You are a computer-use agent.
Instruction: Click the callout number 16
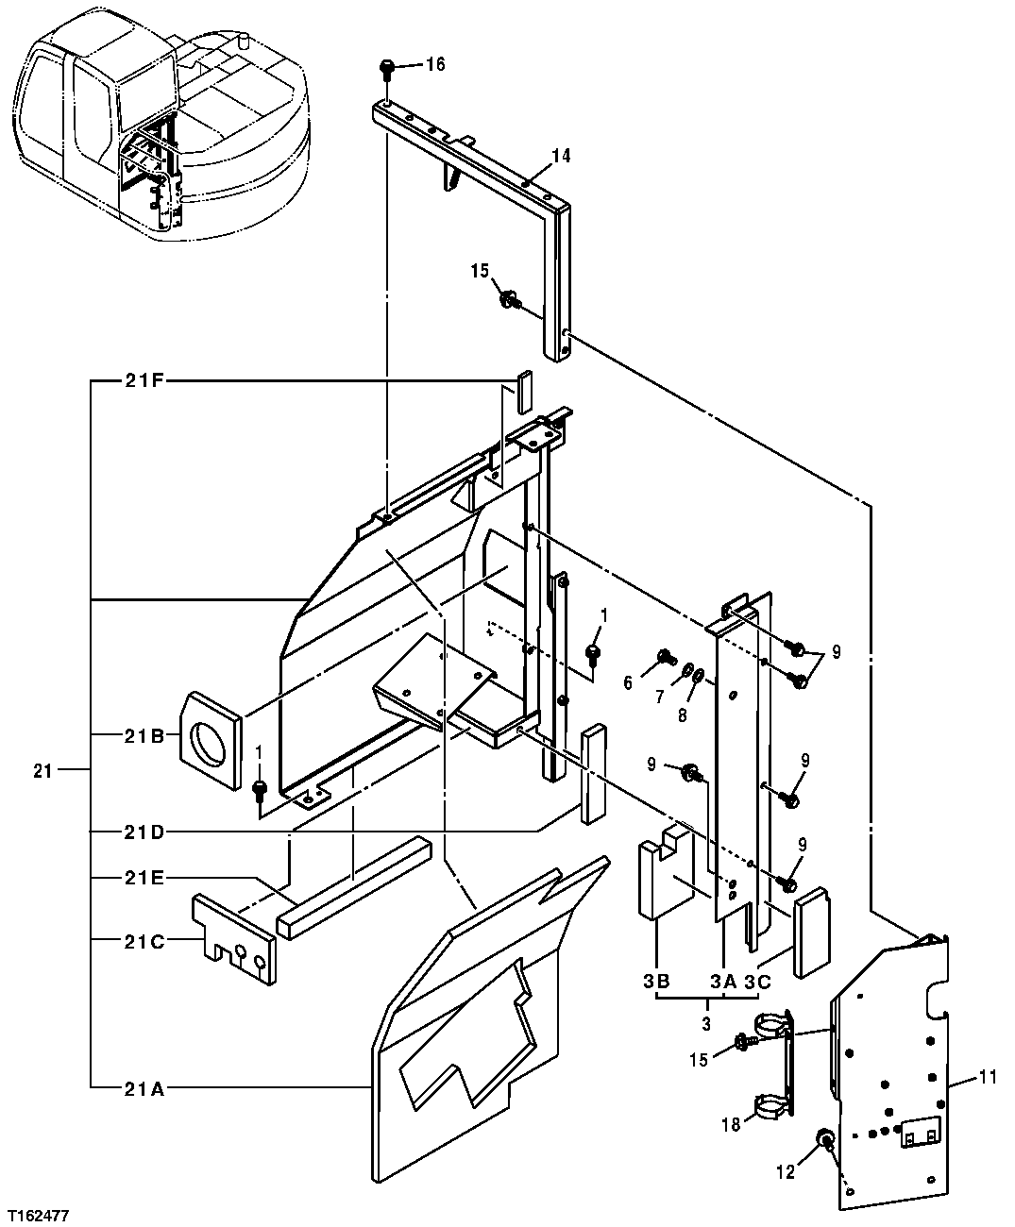pos(435,64)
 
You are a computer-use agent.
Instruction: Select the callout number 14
pos(561,156)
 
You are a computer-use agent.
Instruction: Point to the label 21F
pos(144,381)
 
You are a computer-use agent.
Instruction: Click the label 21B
pos(144,734)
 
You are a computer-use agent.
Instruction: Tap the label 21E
pos(144,878)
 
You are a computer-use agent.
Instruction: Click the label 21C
pos(144,941)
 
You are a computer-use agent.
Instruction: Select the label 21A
pos(144,1088)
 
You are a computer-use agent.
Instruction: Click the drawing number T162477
pos(37,1212)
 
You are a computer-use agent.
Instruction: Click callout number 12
pos(787,1173)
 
